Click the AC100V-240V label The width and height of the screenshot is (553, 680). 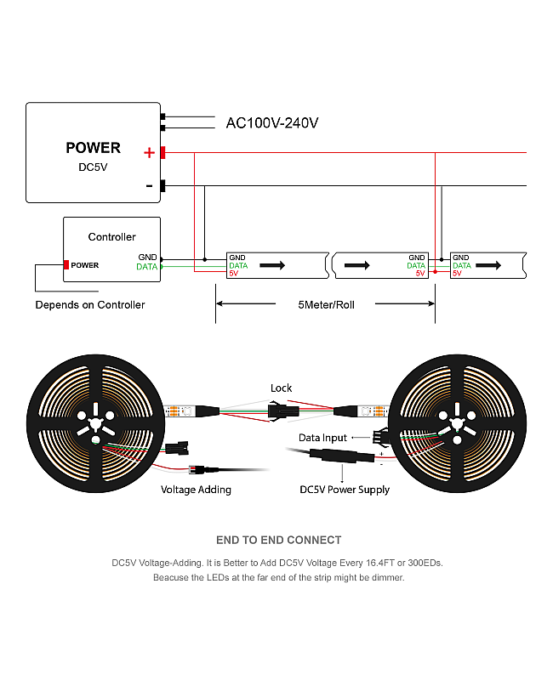pyautogui.click(x=271, y=123)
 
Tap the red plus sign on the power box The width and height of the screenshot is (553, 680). pyautogui.click(x=150, y=153)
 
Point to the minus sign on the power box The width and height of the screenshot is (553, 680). pyautogui.click(x=150, y=185)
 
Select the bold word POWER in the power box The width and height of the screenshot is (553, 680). pyautogui.click(x=93, y=148)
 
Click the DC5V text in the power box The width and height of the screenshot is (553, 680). pyautogui.click(x=93, y=167)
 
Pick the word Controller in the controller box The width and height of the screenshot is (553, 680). pyautogui.click(x=111, y=237)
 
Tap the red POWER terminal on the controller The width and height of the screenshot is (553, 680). pyautogui.click(x=66, y=265)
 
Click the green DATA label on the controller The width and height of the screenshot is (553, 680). pyautogui.click(x=146, y=267)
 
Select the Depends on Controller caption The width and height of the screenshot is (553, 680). pyautogui.click(x=90, y=305)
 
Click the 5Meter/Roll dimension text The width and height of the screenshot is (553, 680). pyautogui.click(x=326, y=304)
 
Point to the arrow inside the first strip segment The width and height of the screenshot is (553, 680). pyautogui.click(x=272, y=265)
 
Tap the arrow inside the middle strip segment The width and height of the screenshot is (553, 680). pyautogui.click(x=357, y=265)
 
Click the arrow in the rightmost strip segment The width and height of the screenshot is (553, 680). pyautogui.click(x=486, y=265)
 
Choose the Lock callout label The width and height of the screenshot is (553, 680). pyautogui.click(x=281, y=388)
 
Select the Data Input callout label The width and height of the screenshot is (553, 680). pyautogui.click(x=322, y=438)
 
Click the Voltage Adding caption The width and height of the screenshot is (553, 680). pyautogui.click(x=196, y=490)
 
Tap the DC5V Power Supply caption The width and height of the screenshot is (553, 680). pyautogui.click(x=345, y=490)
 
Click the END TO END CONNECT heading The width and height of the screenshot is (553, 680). pyautogui.click(x=278, y=540)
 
